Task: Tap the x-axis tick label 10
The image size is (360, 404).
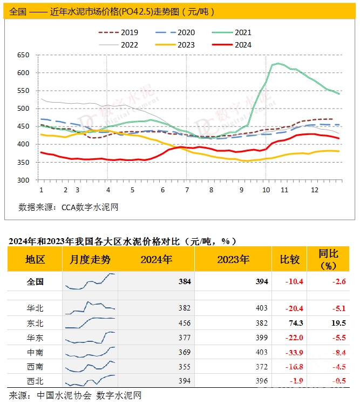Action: [266, 191]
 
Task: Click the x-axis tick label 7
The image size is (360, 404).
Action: [187, 191]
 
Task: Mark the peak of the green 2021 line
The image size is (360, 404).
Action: [279, 64]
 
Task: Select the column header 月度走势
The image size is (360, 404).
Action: [90, 260]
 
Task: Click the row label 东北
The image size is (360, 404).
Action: [35, 323]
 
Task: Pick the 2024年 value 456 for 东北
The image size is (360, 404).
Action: [184, 323]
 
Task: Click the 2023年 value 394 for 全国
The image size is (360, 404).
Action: [262, 281]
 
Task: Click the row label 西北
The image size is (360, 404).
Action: [35, 381]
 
